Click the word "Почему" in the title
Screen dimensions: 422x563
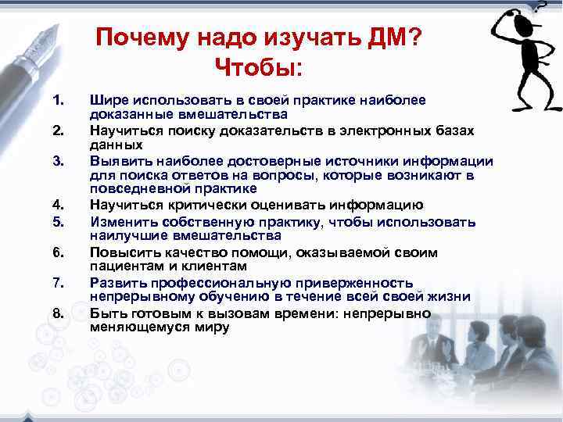138,38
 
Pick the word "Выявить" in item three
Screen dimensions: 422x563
117,162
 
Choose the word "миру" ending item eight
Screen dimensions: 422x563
211,327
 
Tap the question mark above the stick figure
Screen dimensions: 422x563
540,8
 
